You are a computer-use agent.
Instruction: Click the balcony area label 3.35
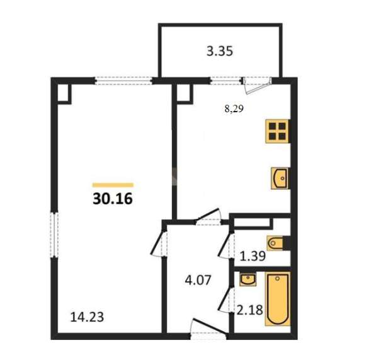click(220, 51)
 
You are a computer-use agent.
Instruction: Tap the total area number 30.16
click(113, 199)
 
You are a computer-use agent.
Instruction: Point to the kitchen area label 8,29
click(234, 109)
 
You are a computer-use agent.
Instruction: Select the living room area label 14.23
click(87, 317)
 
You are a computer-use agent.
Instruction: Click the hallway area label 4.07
click(198, 280)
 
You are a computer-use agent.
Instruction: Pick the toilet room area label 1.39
click(253, 256)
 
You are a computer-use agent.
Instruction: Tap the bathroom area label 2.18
click(250, 310)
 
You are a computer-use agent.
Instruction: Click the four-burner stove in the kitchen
click(278, 131)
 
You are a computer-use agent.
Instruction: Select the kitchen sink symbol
click(280, 178)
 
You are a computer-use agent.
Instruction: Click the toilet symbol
click(278, 243)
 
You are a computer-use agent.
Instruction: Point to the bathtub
click(278, 299)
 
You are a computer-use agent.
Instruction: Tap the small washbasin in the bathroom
click(248, 279)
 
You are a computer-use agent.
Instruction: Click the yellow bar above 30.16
click(113, 185)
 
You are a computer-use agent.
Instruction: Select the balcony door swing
click(257, 86)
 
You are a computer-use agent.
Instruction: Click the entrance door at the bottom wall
click(208, 329)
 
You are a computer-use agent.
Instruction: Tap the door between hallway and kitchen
click(208, 217)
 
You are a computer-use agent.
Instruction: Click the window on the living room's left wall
click(54, 235)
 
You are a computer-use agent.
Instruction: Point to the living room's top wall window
click(123, 81)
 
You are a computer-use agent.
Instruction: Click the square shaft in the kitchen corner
click(185, 94)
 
